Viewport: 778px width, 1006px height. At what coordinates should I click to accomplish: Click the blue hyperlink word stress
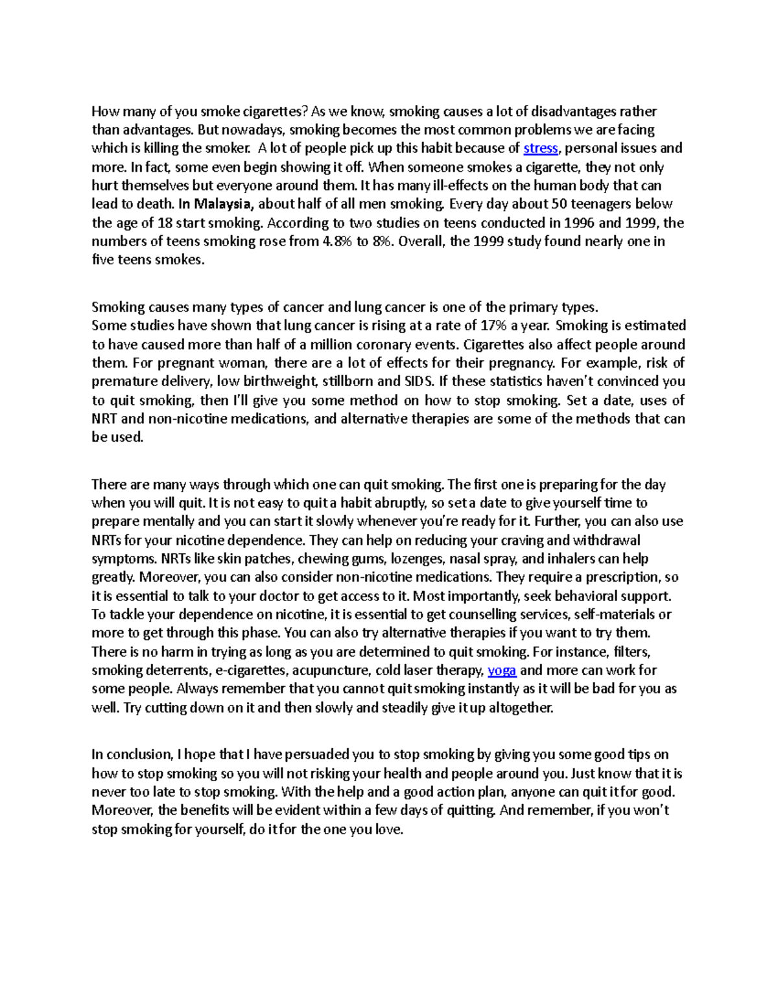[540, 148]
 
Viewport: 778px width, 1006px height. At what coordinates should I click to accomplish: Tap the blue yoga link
[501, 670]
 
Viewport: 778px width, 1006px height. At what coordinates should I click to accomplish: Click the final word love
[388, 829]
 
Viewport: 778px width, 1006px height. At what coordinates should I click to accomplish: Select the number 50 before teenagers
[559, 204]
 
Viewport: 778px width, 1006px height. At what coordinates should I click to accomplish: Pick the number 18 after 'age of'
[165, 223]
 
